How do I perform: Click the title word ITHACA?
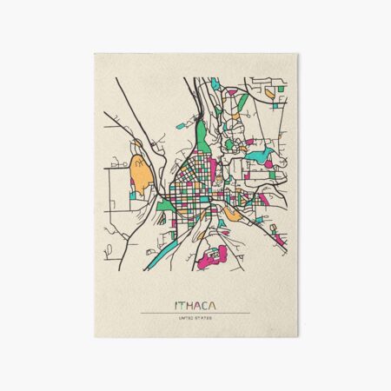coord(195,305)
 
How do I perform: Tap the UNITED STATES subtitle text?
coord(195,320)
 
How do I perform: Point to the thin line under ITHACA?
coord(195,313)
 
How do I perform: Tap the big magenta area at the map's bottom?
coord(211,256)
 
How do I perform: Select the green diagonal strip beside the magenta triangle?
coord(243,102)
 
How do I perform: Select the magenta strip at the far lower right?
coord(279,235)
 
